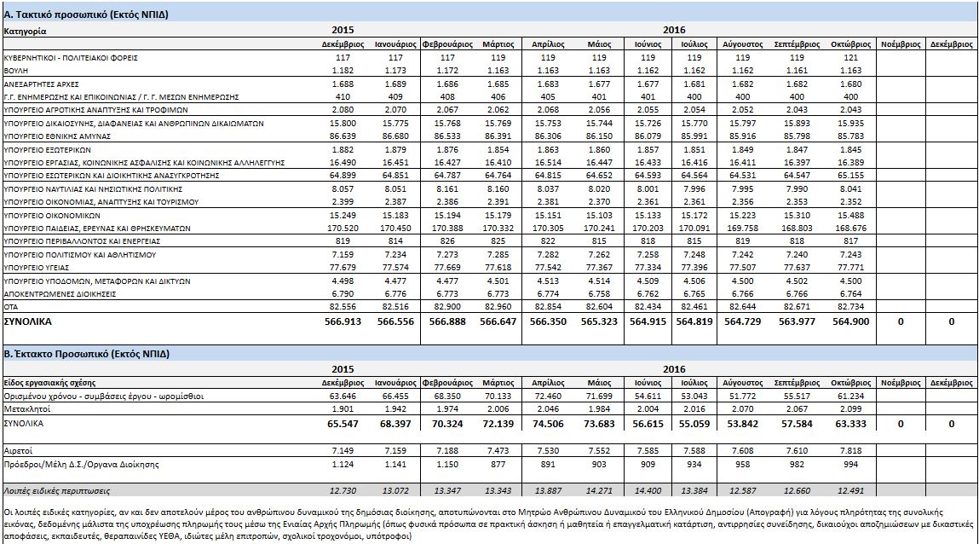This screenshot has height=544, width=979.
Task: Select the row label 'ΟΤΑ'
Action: tap(12, 305)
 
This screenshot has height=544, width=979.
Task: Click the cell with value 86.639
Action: tap(343, 136)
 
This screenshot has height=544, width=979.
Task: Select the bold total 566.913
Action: tap(343, 322)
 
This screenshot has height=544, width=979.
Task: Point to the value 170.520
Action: tap(343, 228)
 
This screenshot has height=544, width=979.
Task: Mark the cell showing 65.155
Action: tap(850, 175)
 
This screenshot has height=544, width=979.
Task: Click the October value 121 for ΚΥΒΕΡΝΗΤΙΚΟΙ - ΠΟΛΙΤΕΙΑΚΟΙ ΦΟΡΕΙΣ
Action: tap(850, 57)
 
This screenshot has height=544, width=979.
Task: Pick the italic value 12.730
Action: tap(343, 490)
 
